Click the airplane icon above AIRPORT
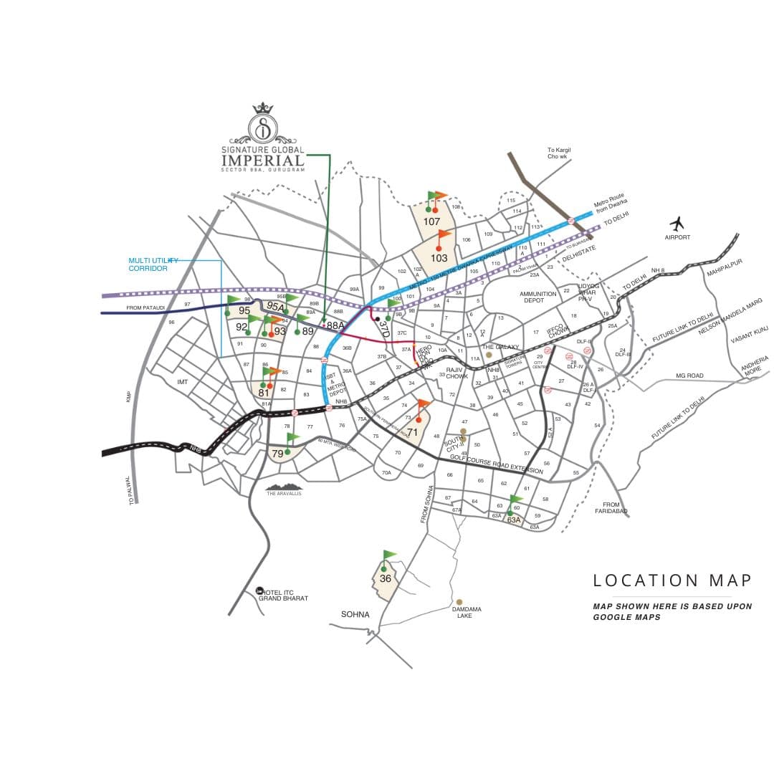[x=677, y=223]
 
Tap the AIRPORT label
[x=677, y=237]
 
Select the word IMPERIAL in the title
[x=263, y=161]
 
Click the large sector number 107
[x=431, y=221]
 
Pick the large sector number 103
[x=439, y=258]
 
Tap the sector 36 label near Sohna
[x=386, y=579]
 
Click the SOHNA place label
[x=355, y=614]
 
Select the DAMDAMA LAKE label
[x=467, y=612]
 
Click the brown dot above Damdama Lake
[x=459, y=601]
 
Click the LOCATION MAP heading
[x=672, y=580]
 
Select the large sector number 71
[x=412, y=432]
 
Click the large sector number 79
[x=277, y=454]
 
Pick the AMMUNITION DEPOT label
[x=537, y=297]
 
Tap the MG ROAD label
[x=689, y=376]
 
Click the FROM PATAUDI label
[x=145, y=307]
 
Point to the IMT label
[x=182, y=382]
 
